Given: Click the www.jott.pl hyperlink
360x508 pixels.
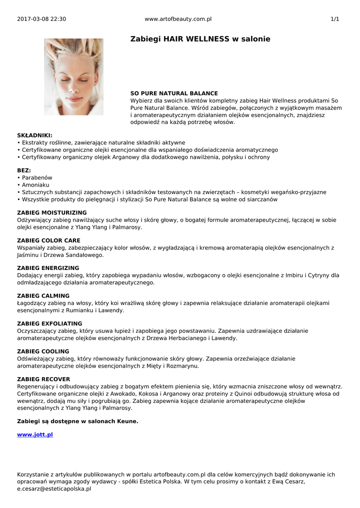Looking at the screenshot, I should tap(35, 435).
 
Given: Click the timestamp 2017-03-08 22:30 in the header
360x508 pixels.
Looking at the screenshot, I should tap(41, 19).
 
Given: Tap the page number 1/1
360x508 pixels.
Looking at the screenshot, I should tap(335, 19).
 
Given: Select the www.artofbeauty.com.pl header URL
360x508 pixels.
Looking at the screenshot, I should tap(178, 19).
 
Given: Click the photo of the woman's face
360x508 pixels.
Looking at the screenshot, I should tap(73, 77).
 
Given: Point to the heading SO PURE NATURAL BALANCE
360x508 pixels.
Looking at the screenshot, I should tap(174, 93).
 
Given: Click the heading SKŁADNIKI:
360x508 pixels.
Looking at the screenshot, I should tap(34, 135).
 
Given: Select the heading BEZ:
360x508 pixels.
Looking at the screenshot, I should tap(24, 170).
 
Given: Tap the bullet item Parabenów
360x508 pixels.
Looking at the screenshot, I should tap(37, 178).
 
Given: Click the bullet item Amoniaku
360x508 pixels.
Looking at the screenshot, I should tap(36, 185).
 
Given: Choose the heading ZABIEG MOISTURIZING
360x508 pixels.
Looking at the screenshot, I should tap(52, 212).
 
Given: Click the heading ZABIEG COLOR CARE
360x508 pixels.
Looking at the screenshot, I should tap(49, 240).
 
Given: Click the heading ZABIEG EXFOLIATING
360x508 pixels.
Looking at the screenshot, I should tap(50, 323).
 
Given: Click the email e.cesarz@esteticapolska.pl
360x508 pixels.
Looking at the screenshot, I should tap(54, 489).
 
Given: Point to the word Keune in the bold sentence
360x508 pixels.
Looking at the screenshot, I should tap(127, 421).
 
